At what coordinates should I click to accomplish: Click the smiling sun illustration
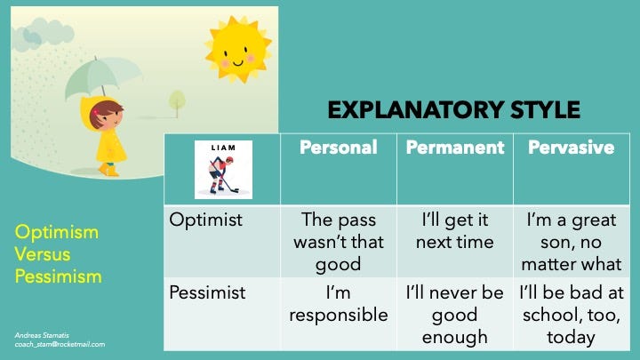238,49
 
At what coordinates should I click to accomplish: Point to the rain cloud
43,34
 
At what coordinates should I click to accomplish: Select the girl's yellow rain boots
108,170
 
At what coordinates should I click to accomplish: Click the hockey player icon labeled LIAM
223,170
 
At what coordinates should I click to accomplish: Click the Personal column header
339,148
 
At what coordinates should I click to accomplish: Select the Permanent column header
455,148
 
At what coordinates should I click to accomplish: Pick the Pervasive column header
571,148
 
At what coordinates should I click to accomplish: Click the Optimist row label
205,220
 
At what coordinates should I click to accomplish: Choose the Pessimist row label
207,292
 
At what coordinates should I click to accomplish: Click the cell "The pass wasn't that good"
339,242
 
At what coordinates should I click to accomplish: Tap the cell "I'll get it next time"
455,231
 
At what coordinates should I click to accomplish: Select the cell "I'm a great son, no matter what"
571,242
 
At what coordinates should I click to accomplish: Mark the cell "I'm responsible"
339,304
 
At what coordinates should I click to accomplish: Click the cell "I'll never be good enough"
455,315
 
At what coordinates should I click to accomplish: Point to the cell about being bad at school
572,315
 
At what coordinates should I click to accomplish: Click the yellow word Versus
43,254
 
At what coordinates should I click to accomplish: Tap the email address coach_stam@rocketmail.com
60,345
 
